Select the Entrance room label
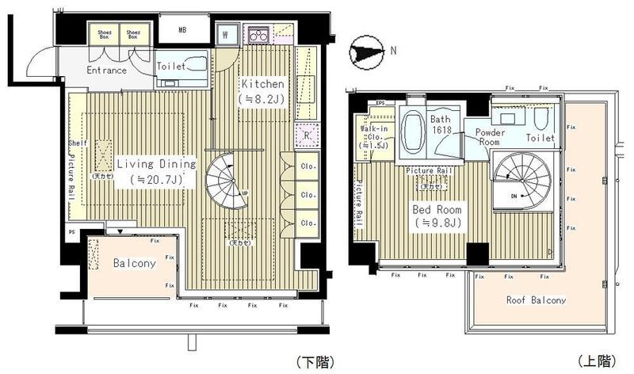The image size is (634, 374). tap(107, 71)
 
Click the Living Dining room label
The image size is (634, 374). tap(155, 164)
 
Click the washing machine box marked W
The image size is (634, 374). tap(225, 34)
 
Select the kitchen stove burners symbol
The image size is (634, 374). tap(259, 34)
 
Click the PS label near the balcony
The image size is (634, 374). tap(71, 233)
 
